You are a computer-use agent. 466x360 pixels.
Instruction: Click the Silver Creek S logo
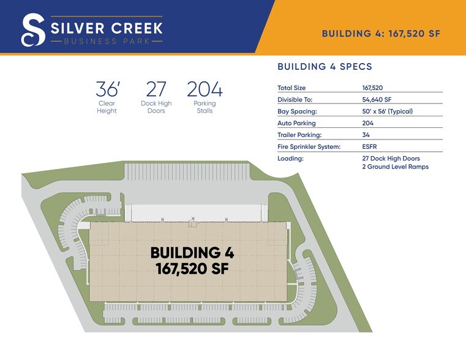pos(32,30)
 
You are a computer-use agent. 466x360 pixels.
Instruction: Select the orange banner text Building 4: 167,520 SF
pos(381,34)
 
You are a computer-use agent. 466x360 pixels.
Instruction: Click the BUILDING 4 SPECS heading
pos(325,66)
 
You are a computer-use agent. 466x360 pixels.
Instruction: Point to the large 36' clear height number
pos(107,89)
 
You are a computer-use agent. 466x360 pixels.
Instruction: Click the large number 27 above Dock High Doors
pos(156,89)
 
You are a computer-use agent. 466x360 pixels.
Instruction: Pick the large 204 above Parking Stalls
pos(205,89)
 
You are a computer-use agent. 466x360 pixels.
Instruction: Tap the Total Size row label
pos(291,88)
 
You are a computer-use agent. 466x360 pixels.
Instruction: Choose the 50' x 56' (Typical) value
pos(388,111)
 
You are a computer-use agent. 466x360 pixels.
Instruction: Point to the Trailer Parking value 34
pos(366,135)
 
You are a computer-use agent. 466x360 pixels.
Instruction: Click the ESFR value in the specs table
pos(370,146)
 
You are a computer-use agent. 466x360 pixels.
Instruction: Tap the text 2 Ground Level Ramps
pos(395,167)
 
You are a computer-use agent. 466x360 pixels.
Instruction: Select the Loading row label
pos(290,158)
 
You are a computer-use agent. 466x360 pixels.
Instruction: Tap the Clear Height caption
pos(107,107)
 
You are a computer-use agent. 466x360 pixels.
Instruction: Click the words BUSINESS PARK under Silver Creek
pos(107,42)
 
